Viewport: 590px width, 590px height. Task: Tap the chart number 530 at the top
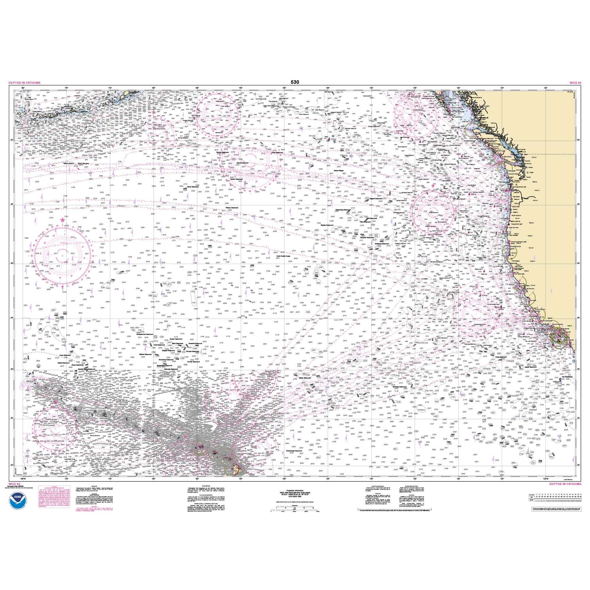295,82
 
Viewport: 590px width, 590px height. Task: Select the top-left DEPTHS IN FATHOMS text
24,83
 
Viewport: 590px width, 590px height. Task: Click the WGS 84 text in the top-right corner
575,83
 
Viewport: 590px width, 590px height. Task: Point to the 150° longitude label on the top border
284,88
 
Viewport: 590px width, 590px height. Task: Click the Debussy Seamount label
171,369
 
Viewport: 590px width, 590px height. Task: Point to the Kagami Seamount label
376,199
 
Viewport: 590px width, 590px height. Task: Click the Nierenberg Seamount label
343,210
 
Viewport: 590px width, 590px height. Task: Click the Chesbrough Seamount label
294,451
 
